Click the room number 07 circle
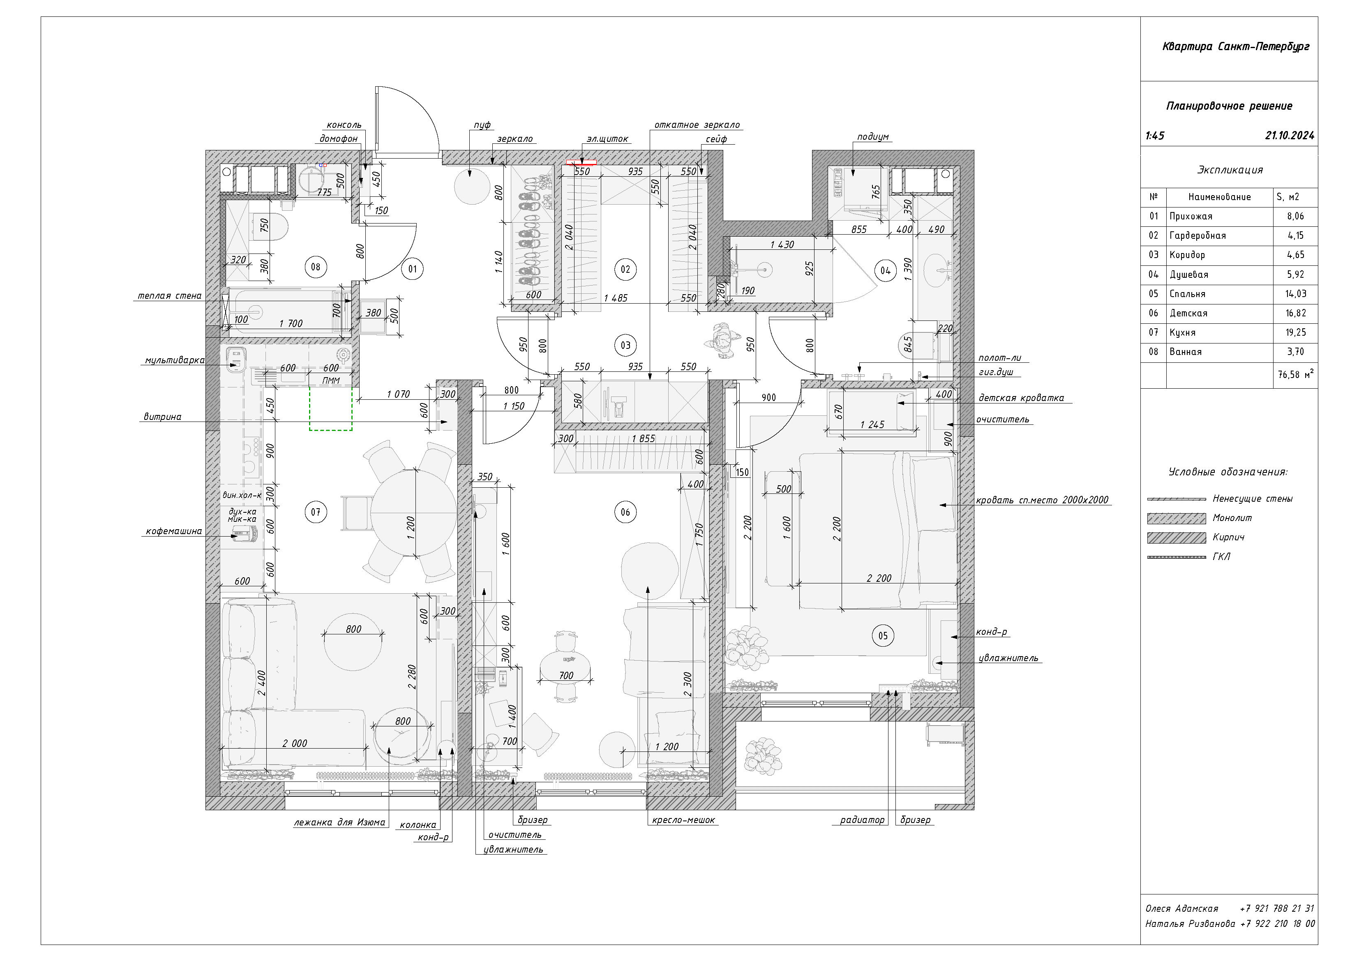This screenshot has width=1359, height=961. pyautogui.click(x=316, y=512)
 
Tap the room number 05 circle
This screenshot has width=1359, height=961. pyautogui.click(x=883, y=636)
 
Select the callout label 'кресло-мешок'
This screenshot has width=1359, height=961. pyautogui.click(x=684, y=820)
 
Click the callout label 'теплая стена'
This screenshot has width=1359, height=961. pyautogui.click(x=169, y=296)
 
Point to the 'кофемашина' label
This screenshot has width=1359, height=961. pyautogui.click(x=174, y=531)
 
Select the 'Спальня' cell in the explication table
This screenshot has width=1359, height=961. pyautogui.click(x=1187, y=294)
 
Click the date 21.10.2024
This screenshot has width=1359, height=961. pyautogui.click(x=1290, y=136)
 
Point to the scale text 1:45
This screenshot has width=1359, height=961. pyautogui.click(x=1155, y=136)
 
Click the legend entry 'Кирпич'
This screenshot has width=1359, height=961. pyautogui.click(x=1228, y=537)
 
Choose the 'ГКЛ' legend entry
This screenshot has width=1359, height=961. pyautogui.click(x=1221, y=557)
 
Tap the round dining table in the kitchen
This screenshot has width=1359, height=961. pyautogui.click(x=414, y=512)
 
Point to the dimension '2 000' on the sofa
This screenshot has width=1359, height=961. pyautogui.click(x=295, y=743)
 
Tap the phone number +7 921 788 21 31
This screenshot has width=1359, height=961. pyautogui.click(x=1277, y=908)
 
